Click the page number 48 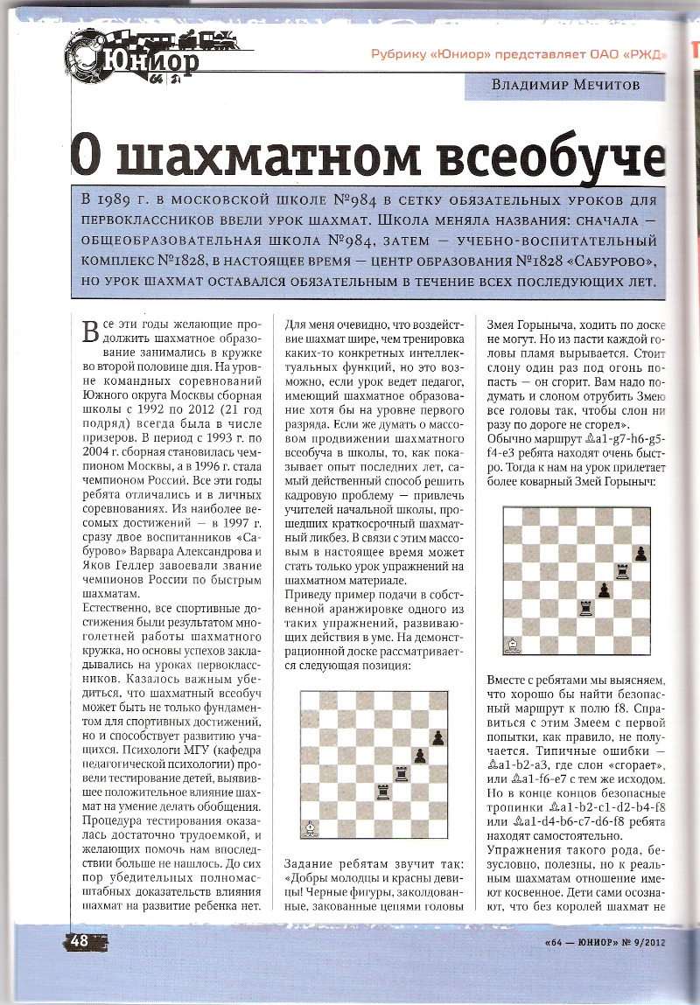pyautogui.click(x=77, y=941)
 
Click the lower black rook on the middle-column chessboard pyautogui.click(x=381, y=792)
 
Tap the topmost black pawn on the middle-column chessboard pyautogui.click(x=437, y=736)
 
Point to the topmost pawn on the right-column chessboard pyautogui.click(x=640, y=554)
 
